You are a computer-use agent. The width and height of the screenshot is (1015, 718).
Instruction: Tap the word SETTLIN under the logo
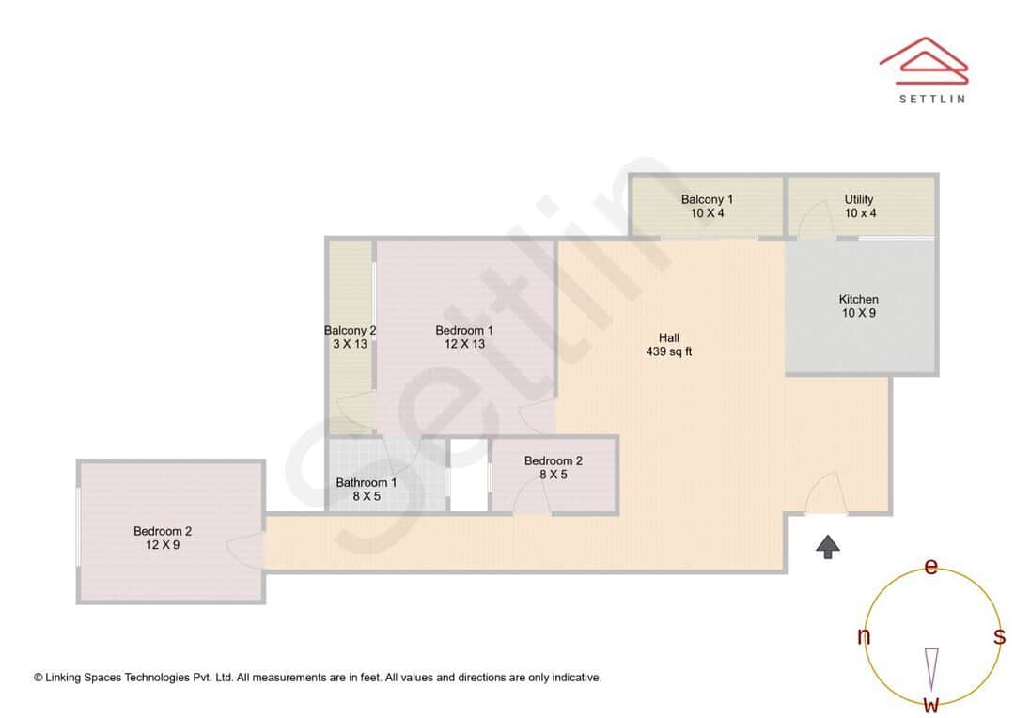pos(931,99)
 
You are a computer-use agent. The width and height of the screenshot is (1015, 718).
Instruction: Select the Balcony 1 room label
pos(707,199)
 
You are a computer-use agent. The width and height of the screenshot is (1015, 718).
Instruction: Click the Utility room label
pos(859,199)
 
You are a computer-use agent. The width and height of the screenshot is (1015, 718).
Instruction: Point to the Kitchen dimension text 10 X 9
pos(859,313)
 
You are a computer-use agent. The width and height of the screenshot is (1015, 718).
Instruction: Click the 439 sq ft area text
pos(669,352)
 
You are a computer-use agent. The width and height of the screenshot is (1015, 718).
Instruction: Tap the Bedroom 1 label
pos(464,330)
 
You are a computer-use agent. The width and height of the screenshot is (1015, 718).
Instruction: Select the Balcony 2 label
pos(351,330)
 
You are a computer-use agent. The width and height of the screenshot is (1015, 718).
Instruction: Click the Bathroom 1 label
pos(367,482)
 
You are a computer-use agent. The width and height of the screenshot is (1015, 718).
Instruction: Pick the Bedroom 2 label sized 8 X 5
pos(554,460)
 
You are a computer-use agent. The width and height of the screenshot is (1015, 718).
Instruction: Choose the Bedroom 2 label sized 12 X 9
pos(163,531)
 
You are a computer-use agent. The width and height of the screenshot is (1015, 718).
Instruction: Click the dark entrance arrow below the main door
pos(828,547)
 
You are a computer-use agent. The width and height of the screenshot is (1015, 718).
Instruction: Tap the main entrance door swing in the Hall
pos(824,493)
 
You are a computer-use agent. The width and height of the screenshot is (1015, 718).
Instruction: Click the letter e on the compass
pos(931,567)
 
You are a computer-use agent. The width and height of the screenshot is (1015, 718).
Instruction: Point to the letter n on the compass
pos(864,636)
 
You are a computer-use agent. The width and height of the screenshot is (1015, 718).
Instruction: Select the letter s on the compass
pos(999,636)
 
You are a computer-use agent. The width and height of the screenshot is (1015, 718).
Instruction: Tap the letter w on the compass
pos(931,704)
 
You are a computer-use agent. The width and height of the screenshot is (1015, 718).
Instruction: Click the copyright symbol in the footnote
pos(39,678)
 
